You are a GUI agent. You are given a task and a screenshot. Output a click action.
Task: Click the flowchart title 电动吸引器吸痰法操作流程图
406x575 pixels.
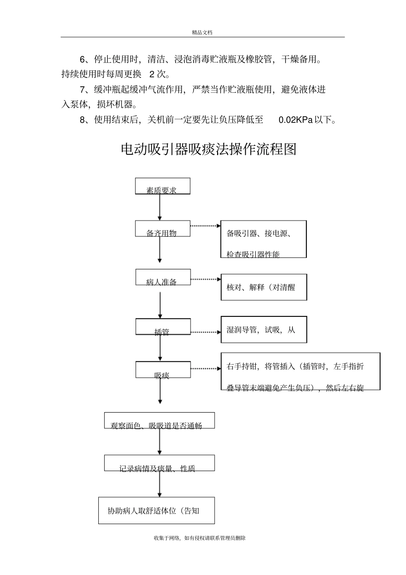point(209,149)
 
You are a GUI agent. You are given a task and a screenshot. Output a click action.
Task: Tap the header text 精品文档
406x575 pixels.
point(202,32)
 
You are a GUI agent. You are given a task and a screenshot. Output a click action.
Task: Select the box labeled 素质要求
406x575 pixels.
point(162,186)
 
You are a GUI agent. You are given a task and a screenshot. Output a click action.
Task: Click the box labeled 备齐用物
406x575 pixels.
point(162,229)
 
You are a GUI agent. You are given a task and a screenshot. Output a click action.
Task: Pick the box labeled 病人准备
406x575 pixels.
point(163,277)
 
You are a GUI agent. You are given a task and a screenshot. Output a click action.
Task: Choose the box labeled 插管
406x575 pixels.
point(163,327)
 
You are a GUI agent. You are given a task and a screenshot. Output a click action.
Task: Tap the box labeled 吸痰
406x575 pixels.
point(163,370)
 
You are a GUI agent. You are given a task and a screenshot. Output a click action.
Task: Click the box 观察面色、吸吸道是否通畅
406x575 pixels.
point(159,421)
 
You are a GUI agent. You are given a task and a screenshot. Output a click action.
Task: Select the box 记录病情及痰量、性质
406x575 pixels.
point(159,463)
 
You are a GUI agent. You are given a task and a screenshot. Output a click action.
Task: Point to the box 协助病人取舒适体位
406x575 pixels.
point(156,510)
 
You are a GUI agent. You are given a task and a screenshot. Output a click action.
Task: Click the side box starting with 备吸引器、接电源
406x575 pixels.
point(264,239)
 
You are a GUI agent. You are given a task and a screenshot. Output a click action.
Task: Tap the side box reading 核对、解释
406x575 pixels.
point(264,287)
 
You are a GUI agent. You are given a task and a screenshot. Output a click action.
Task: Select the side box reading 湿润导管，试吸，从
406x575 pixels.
point(264,330)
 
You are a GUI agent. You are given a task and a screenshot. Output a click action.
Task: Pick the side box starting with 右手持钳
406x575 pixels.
point(300,371)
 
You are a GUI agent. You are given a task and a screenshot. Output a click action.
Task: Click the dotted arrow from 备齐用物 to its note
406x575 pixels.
point(205,225)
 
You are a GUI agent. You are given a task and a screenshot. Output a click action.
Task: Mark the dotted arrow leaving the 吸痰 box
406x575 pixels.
point(205,369)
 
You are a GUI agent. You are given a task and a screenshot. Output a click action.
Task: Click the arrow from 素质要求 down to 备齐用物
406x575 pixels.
point(160,207)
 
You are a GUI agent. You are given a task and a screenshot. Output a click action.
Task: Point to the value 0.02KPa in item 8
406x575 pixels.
point(295,120)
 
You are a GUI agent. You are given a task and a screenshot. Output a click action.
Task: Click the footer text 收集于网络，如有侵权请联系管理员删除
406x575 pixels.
point(200,538)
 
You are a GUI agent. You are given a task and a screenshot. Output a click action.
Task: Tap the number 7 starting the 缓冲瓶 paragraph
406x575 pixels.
point(82,90)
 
